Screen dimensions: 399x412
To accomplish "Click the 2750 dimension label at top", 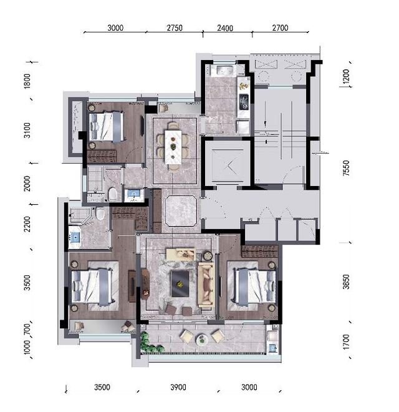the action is tap(175, 27).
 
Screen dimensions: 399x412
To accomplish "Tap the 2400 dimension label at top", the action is tap(225, 28).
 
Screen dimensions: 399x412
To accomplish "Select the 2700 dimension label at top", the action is tap(280, 27).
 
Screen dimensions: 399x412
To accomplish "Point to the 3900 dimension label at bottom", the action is tap(178, 387).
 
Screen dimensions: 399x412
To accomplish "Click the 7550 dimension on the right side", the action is tap(346, 168).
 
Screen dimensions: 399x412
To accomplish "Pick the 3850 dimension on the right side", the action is tap(346, 282).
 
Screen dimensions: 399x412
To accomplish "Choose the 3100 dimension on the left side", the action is tap(27, 130).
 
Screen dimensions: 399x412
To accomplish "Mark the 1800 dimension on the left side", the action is tap(27, 81).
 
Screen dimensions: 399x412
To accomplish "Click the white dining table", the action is tap(173, 147).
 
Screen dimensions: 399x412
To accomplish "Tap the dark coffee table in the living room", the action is tap(180, 284).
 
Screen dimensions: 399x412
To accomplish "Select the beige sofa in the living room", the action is tap(206, 285).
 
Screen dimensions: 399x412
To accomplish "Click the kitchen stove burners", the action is tap(244, 101).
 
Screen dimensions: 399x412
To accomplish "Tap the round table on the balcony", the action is tap(202, 339).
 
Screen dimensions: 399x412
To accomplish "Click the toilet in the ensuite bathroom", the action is tap(100, 213).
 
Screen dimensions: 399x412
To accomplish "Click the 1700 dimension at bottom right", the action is tap(346, 341).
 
